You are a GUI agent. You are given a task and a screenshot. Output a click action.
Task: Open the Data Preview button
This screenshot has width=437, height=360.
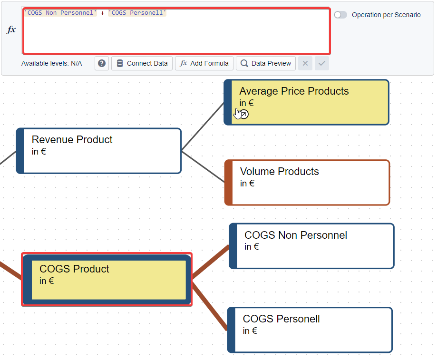pos(265,63)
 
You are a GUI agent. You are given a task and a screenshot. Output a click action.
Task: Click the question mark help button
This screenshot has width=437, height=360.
pos(102,63)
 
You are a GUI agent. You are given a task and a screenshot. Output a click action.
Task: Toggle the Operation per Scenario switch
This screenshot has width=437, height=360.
pos(340,15)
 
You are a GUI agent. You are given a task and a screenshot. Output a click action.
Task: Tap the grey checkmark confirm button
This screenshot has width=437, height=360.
pos(322,63)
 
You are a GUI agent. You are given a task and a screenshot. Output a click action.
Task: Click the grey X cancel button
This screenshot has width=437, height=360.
pos(305,63)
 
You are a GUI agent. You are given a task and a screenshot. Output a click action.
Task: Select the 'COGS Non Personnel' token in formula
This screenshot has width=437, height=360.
pos(60,13)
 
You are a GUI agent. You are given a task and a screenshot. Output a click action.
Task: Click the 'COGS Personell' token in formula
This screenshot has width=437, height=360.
pos(137,13)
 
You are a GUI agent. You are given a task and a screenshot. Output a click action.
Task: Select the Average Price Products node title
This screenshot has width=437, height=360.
pos(294,91)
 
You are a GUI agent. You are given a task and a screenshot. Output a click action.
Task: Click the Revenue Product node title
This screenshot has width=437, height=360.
pos(72,140)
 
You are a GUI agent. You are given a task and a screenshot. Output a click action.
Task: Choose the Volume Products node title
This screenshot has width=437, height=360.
pos(279,172)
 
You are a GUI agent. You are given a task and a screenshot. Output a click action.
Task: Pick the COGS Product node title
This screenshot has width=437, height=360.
pos(74,269)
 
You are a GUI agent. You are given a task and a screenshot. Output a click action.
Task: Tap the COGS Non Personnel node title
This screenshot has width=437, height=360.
pos(295,235)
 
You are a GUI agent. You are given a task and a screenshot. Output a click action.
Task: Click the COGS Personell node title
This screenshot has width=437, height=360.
pos(281,319)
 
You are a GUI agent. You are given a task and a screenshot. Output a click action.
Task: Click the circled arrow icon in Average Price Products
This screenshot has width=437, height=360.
pos(243,114)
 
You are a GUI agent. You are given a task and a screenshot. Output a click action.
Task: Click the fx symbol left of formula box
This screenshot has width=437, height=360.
pos(11,30)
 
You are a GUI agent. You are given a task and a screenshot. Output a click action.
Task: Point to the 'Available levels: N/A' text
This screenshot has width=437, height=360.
pos(51,63)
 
